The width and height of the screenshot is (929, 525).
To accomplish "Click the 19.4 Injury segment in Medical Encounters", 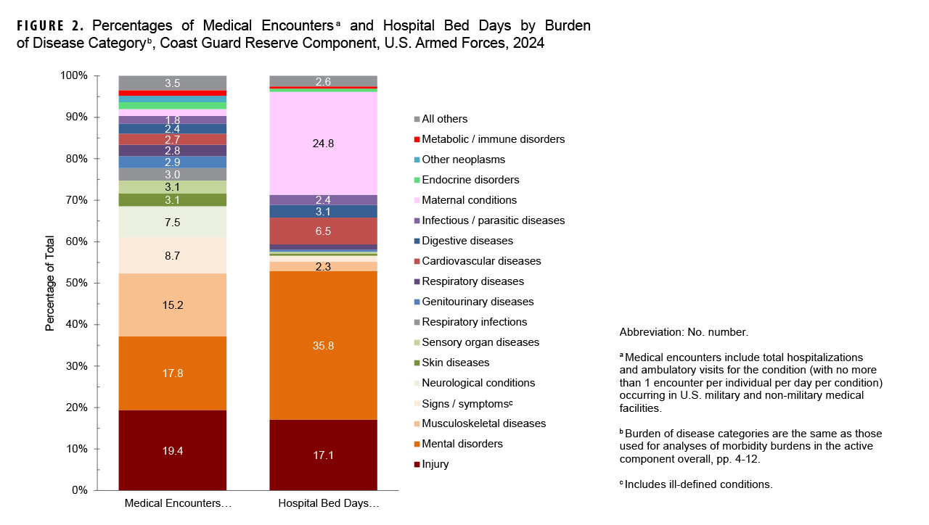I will pos(173,450).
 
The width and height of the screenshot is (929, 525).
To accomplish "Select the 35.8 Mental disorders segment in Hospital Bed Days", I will pos(324,345).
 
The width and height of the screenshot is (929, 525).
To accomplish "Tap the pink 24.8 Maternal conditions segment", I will pos(324,144).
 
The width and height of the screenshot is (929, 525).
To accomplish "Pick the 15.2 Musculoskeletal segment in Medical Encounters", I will pos(173,305).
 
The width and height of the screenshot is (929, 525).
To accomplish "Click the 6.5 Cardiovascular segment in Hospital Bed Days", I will pos(324,231).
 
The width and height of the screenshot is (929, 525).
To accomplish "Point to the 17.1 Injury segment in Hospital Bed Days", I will pos(324,455).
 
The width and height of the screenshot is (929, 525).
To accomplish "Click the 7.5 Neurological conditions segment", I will pos(173,222).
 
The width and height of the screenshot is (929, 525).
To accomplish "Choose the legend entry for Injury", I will pos(435,464).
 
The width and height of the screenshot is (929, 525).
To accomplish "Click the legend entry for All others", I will pos(444,119).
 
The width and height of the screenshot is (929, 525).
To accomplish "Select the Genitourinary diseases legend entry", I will pos(478,302).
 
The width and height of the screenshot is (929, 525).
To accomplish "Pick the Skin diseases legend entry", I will pos(455,363).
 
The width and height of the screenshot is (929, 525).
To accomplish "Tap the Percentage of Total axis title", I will pos(50,283).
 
